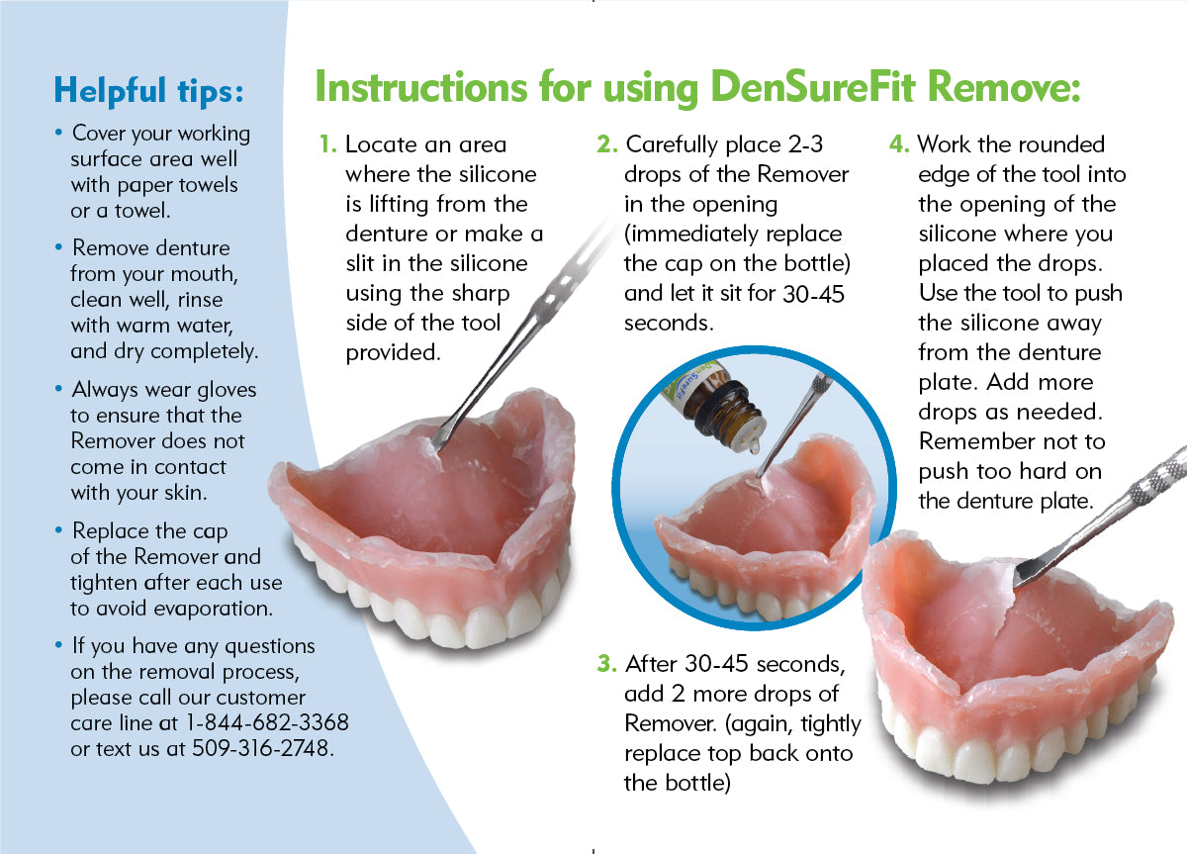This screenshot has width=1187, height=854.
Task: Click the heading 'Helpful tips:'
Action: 149,91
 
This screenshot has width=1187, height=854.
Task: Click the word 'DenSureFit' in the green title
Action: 812,87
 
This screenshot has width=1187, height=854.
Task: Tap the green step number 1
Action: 328,144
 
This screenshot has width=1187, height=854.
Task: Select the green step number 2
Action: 607,144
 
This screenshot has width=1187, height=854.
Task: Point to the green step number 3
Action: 607,664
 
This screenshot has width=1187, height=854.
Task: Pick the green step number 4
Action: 899,144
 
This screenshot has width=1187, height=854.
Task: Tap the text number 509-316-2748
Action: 260,748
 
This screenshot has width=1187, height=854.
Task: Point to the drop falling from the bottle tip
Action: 754,447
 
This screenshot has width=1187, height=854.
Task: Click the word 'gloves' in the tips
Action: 227,391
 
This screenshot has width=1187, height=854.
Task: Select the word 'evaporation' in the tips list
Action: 213,610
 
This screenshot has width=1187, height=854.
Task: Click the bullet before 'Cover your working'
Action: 58,132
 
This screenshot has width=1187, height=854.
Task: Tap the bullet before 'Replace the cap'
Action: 58,530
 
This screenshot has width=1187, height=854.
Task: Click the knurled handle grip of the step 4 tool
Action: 1158,478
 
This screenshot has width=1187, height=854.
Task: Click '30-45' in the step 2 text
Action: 813,294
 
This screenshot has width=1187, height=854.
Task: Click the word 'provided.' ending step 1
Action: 394,353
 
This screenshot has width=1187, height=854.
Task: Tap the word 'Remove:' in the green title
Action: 1004,87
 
